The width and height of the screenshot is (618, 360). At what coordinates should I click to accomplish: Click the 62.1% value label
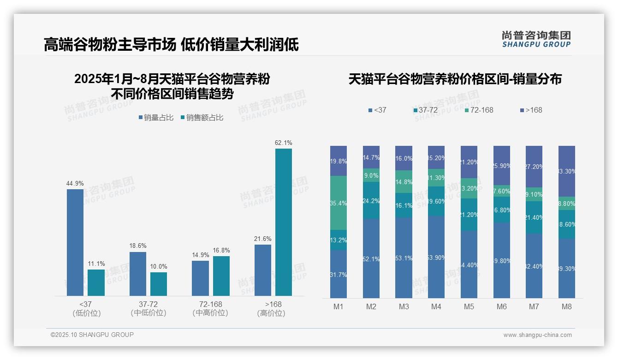pyautogui.click(x=283, y=143)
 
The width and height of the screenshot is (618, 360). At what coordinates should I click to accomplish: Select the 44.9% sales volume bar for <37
pyautogui.click(x=75, y=242)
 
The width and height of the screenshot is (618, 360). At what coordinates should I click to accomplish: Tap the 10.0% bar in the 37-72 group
pyautogui.click(x=159, y=284)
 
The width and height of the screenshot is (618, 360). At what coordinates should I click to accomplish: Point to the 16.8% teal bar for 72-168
pyautogui.click(x=221, y=276)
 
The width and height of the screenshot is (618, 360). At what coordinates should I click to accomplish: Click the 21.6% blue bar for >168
pyautogui.click(x=263, y=270)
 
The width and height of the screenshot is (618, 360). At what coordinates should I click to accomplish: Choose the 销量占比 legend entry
pyautogui.click(x=156, y=118)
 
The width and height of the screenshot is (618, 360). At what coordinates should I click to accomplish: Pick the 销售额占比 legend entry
pyautogui.click(x=202, y=118)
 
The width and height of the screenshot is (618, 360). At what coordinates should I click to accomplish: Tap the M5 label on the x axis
pyautogui.click(x=469, y=307)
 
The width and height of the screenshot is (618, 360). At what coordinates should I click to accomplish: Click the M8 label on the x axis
pyautogui.click(x=567, y=307)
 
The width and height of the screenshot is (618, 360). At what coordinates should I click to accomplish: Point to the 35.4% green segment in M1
pyautogui.click(x=339, y=203)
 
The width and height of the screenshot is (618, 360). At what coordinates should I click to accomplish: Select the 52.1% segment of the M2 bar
pyautogui.click(x=371, y=258)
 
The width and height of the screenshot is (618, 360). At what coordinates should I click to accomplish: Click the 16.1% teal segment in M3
pyautogui.click(x=404, y=205)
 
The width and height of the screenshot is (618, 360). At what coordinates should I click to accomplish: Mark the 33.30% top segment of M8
pyautogui.click(x=567, y=171)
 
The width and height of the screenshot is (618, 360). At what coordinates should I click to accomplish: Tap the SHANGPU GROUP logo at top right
pyautogui.click(x=536, y=39)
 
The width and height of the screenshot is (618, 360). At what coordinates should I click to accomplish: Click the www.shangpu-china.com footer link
pyautogui.click(x=537, y=335)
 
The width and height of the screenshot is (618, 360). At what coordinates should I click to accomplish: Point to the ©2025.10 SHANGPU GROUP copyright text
pyautogui.click(x=92, y=335)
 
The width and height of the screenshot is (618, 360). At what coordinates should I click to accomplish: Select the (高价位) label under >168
pyautogui.click(x=271, y=313)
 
